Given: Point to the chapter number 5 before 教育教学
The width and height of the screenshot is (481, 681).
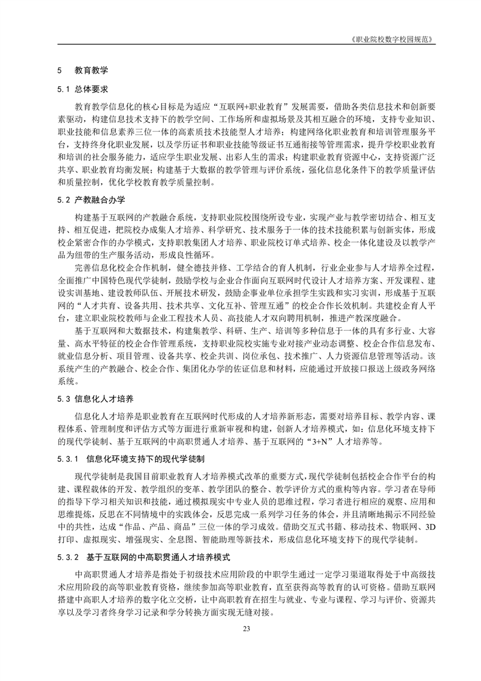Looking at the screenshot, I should (59, 70).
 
